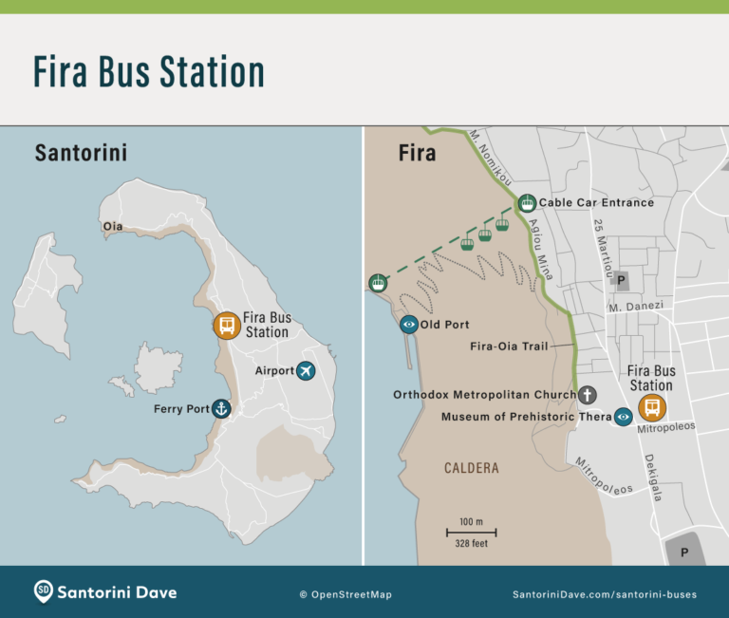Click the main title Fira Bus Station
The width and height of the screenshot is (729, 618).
148,72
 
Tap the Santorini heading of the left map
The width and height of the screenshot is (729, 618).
81,153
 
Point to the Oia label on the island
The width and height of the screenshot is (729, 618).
113,226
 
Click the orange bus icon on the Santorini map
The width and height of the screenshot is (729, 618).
226,326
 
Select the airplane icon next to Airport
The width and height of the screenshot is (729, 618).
306,370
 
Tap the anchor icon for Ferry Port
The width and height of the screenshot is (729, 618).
221,409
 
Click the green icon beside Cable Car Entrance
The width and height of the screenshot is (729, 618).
527,202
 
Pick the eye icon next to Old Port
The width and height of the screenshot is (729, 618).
409,325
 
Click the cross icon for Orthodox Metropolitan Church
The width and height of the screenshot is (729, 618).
588,394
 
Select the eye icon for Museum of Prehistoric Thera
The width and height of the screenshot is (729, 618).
624,417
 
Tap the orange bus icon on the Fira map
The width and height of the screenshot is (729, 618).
652,408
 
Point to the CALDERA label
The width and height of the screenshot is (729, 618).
471,468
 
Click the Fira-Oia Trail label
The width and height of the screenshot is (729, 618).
509,346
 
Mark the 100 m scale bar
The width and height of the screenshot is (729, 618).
471,533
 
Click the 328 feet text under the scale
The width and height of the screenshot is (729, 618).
472,544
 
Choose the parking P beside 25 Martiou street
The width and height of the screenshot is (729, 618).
622,281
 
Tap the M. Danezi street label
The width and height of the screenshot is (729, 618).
634,307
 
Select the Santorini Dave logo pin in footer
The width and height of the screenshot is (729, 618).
43,591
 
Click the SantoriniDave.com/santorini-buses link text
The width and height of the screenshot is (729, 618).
604,594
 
